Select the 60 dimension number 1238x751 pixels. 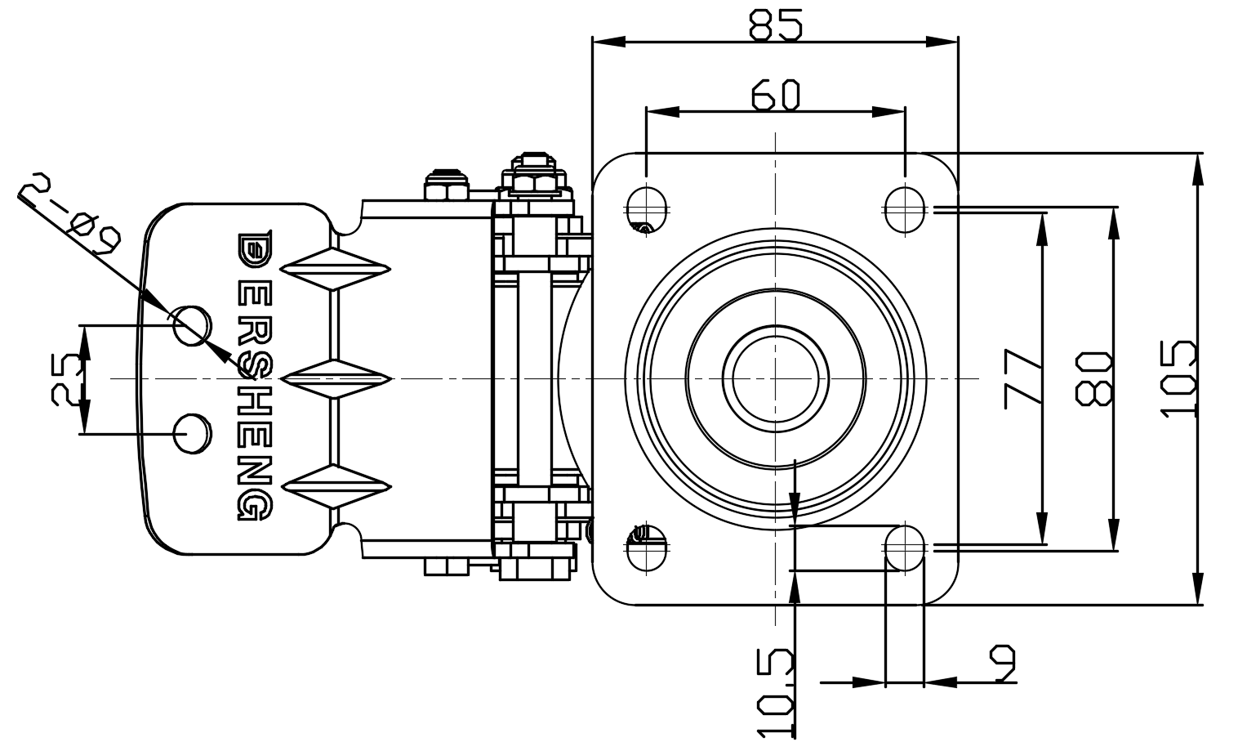tap(775, 95)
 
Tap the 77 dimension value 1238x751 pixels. tap(1022, 378)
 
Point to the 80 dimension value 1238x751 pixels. tap(1094, 378)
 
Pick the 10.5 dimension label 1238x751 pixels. tap(775, 693)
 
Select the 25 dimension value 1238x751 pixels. tap(66, 378)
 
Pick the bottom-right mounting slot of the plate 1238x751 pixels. tap(904, 548)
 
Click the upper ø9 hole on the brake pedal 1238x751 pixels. tap(191, 325)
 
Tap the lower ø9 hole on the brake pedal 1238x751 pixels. tap(192, 432)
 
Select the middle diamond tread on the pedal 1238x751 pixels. tap(336, 378)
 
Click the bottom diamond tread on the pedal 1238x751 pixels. tap(336, 487)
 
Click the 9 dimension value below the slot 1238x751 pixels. tap(1002, 664)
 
